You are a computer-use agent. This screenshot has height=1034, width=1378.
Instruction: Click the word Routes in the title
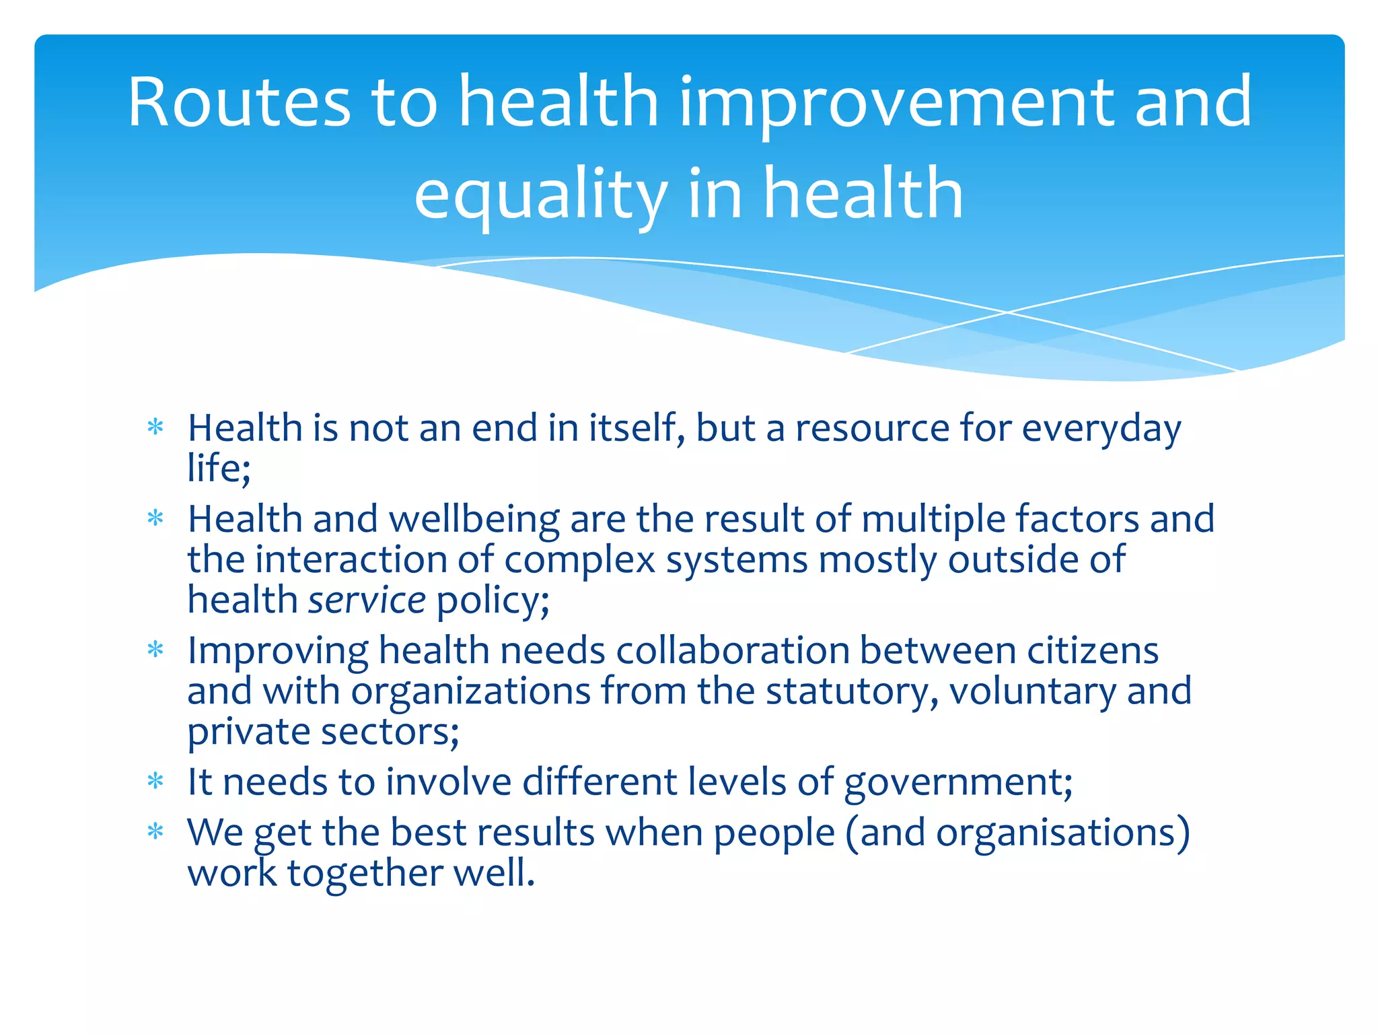[239, 102]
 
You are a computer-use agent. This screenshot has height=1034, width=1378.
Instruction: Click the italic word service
[367, 600]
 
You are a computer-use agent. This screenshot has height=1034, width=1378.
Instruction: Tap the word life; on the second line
[219, 468]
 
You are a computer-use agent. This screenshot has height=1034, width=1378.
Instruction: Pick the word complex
[579, 560]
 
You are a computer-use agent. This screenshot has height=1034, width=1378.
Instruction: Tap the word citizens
[1093, 650]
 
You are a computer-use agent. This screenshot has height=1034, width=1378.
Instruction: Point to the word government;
[958, 782]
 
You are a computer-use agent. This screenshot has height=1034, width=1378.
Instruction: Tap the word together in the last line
[364, 873]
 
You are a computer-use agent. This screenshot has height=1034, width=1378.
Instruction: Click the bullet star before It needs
[155, 781]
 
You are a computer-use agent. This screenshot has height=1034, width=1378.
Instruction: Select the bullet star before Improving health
[155, 650]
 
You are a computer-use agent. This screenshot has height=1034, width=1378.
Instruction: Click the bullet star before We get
[155, 831]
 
